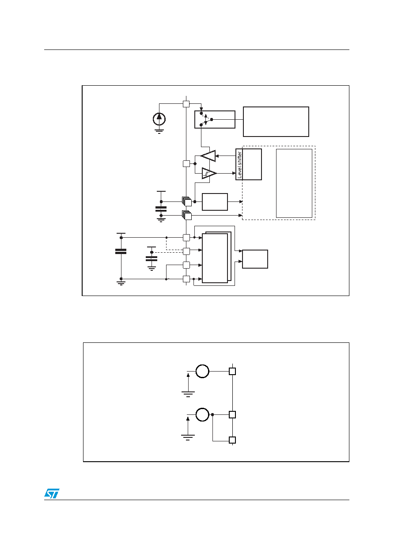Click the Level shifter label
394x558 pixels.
(x=239, y=165)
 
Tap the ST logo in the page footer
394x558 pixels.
(x=52, y=493)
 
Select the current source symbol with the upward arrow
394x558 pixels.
(x=159, y=119)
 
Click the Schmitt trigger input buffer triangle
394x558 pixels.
(x=209, y=173)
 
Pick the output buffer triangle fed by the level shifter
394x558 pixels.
(x=208, y=156)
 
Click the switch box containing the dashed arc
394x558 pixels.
(x=215, y=120)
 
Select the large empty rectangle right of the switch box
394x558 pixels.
(x=276, y=122)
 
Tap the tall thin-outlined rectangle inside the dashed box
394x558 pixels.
(x=294, y=183)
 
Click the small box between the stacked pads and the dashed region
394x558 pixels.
(x=215, y=202)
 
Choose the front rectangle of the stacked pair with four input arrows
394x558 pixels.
(x=215, y=258)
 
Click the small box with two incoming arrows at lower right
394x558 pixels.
(x=255, y=259)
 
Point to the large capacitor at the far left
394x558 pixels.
(x=121, y=251)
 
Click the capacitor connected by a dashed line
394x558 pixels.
(x=152, y=258)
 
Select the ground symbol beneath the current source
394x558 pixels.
(x=159, y=132)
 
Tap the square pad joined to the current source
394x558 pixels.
(x=186, y=104)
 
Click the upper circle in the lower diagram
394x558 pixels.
(x=202, y=371)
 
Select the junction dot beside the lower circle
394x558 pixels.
(x=212, y=414)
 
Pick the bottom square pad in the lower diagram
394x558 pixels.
(x=232, y=440)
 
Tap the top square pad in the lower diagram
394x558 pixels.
(x=232, y=371)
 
